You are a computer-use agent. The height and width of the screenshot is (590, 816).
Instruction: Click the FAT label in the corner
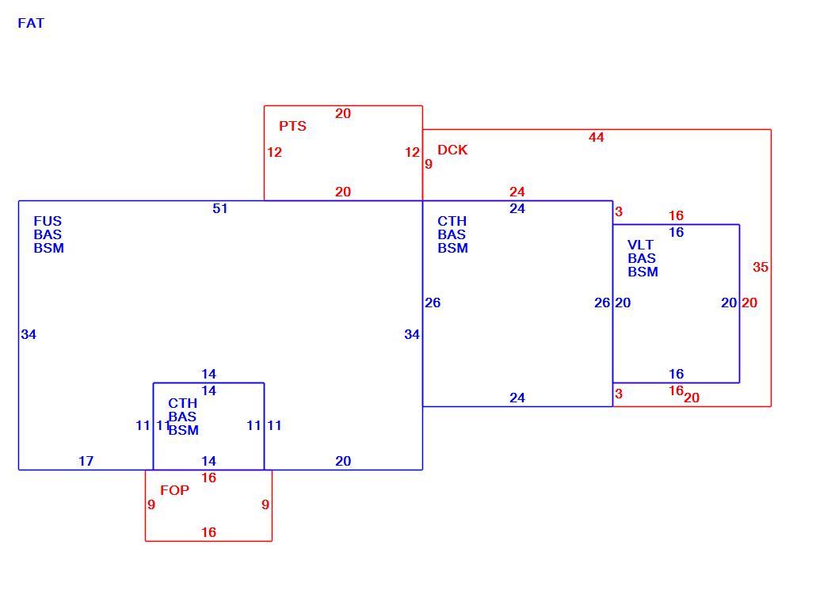click(31, 24)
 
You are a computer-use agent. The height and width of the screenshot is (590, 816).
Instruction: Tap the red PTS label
click(292, 126)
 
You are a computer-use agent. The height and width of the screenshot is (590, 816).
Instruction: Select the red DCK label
click(452, 150)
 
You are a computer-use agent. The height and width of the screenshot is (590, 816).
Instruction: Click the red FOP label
click(174, 490)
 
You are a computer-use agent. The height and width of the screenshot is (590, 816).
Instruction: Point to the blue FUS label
click(48, 221)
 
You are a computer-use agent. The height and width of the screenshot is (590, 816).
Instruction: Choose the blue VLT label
click(640, 245)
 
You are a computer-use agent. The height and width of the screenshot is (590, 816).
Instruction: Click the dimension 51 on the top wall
click(220, 208)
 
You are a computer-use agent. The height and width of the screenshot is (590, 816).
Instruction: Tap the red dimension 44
click(597, 137)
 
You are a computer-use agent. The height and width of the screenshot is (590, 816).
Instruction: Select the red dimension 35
click(761, 267)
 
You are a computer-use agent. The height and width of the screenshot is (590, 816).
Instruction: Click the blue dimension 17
click(86, 461)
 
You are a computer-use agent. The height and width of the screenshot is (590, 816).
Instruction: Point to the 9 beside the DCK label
click(429, 165)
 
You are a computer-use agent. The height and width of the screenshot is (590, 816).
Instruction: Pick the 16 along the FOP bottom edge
click(208, 532)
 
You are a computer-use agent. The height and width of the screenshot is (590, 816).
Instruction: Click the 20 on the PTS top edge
click(343, 113)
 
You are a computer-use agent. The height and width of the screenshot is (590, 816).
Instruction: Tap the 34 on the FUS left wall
click(29, 334)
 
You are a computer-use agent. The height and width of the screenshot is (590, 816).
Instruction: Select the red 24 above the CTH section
click(517, 192)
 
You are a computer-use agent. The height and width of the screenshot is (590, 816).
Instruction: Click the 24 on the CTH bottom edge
click(517, 398)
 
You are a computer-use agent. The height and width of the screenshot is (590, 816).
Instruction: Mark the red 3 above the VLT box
click(619, 211)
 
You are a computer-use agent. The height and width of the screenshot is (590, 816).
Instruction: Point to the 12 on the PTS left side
click(274, 152)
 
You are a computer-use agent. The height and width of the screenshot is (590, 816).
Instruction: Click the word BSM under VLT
click(643, 272)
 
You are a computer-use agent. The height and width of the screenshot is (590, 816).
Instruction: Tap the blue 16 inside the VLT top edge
click(676, 233)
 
